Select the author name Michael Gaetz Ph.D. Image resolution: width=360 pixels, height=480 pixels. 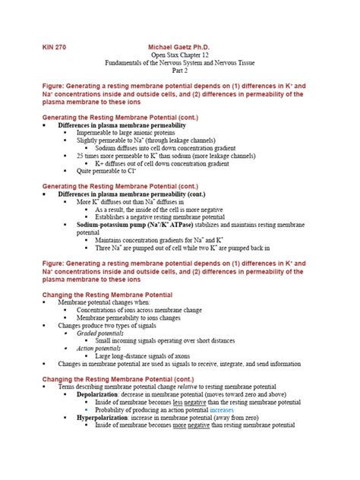[180, 46]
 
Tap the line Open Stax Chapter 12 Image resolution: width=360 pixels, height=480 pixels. [180, 56]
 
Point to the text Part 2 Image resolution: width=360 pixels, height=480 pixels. [180, 74]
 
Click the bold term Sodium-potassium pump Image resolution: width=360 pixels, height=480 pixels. [118, 226]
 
